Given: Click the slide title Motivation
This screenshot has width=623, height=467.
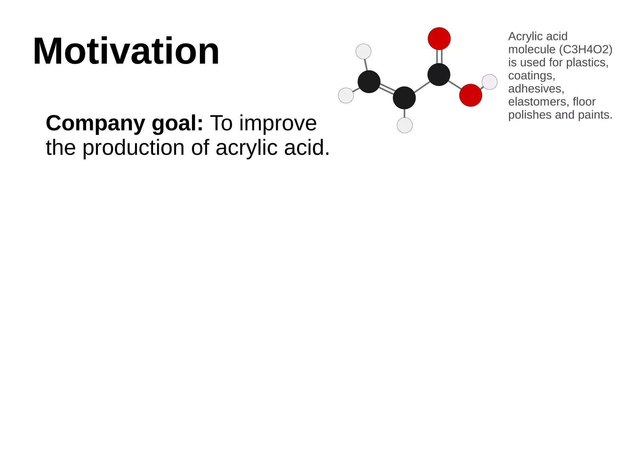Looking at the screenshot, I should (x=126, y=51).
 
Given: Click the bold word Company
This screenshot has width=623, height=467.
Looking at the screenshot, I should (x=95, y=124).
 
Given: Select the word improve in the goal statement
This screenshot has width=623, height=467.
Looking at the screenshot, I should (x=278, y=124).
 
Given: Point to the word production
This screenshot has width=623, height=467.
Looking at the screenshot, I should (x=133, y=148).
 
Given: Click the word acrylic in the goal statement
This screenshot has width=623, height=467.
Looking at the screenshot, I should (x=246, y=148).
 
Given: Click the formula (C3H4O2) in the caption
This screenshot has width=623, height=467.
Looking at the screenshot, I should (x=586, y=49).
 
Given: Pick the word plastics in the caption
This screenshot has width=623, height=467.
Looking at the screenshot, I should (x=587, y=62).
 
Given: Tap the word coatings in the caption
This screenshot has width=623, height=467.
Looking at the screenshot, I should (x=531, y=75).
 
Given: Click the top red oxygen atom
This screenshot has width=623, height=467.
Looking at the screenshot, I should (x=439, y=39).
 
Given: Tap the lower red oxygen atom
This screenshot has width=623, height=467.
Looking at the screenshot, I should (x=471, y=95).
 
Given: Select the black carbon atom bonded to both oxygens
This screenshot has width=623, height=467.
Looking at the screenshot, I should (x=439, y=75).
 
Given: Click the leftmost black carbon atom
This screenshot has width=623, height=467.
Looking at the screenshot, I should (x=369, y=82).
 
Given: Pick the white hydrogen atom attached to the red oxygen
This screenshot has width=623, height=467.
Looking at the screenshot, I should (x=489, y=82).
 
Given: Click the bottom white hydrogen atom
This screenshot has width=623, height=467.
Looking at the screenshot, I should (x=405, y=125).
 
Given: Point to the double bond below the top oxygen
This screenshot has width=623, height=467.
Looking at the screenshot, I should (x=439, y=56).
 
